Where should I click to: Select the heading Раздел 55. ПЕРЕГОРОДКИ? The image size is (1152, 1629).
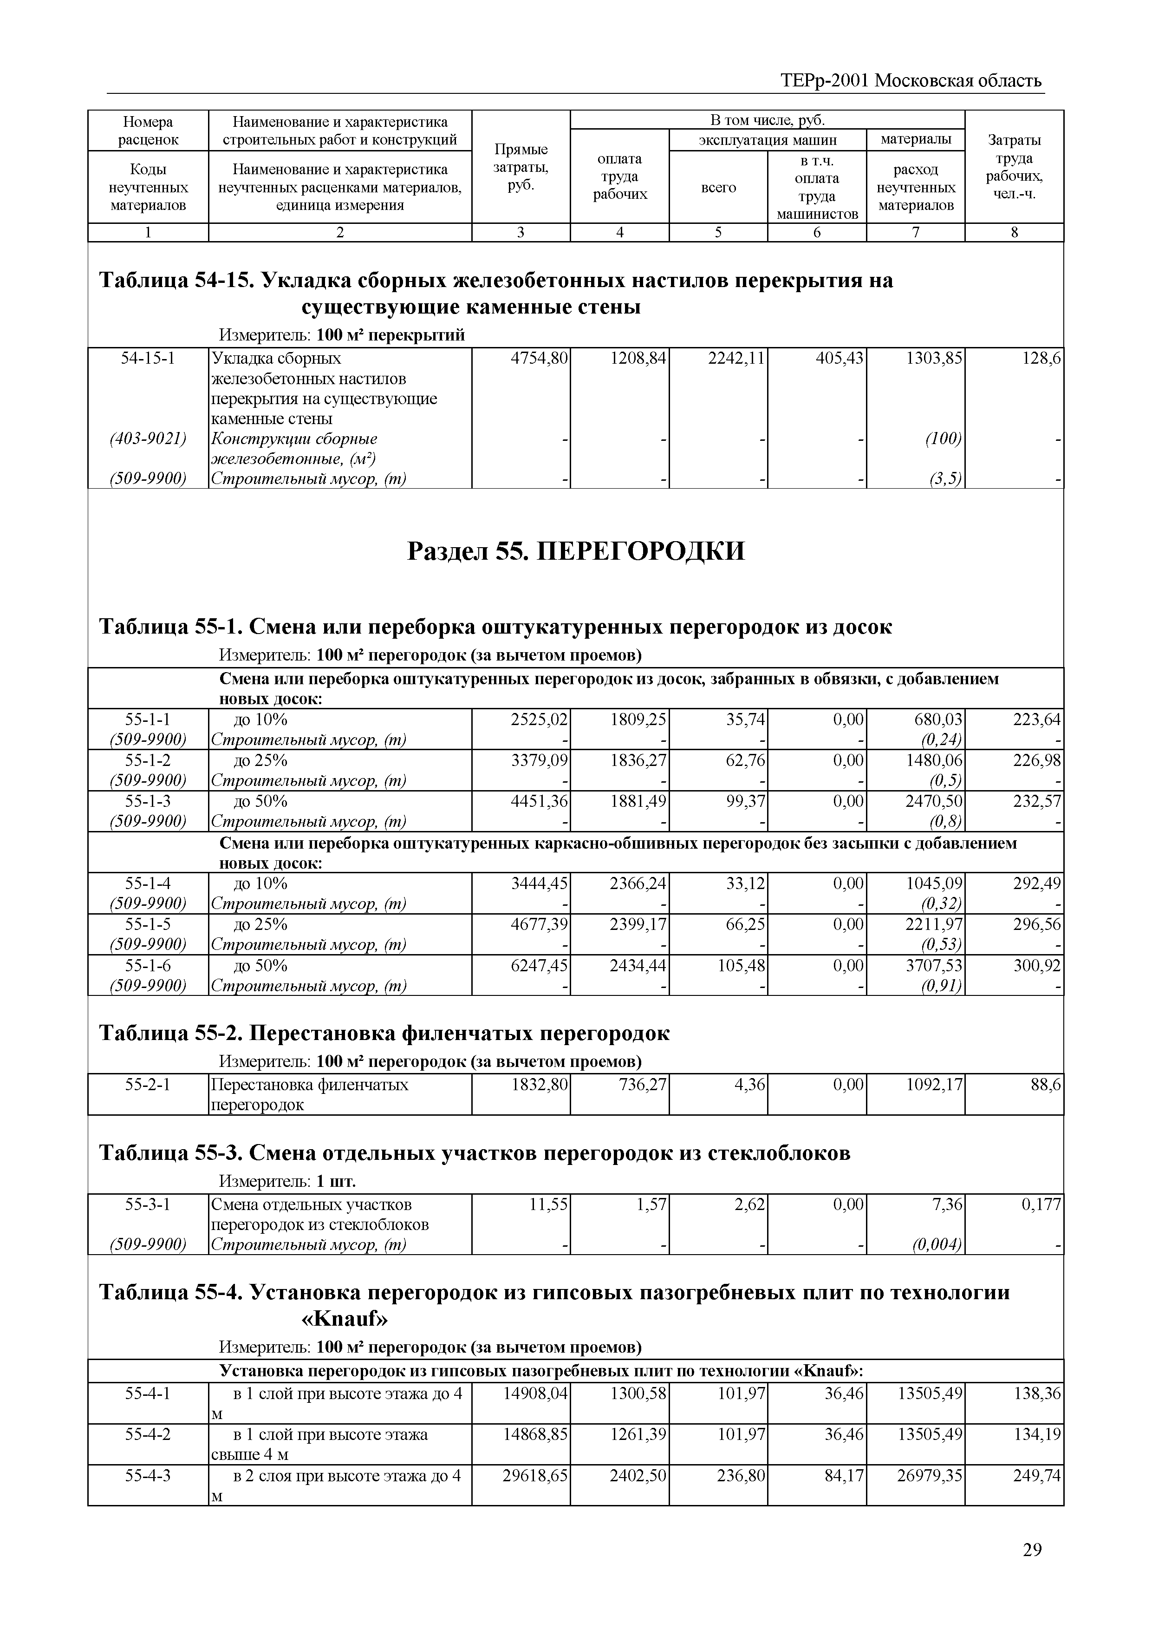tap(575, 550)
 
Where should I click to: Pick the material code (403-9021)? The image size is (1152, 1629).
tap(148, 438)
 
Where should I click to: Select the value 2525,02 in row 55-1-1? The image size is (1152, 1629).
tap(539, 720)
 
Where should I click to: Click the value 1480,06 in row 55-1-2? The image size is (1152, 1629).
tap(933, 760)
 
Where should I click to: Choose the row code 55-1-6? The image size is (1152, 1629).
tap(148, 966)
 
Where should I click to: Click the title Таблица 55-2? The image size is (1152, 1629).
tap(383, 1033)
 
